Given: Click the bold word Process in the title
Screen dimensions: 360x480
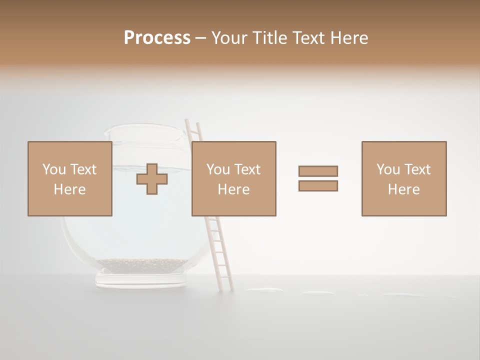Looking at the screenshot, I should click(x=157, y=38).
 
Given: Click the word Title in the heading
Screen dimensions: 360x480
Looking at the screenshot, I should click(x=269, y=38).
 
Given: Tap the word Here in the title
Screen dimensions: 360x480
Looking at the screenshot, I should click(x=349, y=38).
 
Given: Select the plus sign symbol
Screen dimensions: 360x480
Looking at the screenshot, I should click(x=152, y=179).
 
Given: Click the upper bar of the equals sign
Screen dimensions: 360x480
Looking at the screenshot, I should click(x=318, y=171).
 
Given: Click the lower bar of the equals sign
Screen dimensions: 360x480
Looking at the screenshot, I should click(x=318, y=186).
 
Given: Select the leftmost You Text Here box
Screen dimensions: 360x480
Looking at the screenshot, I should click(x=69, y=178).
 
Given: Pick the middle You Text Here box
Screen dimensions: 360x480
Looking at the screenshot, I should click(x=233, y=178).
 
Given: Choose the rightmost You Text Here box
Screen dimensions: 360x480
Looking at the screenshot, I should click(x=403, y=178).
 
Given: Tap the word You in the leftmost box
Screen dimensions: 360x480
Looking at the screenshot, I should click(x=54, y=169).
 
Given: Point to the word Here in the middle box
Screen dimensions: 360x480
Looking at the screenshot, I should click(x=233, y=189).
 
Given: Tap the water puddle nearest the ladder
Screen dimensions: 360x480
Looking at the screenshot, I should click(x=264, y=289).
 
